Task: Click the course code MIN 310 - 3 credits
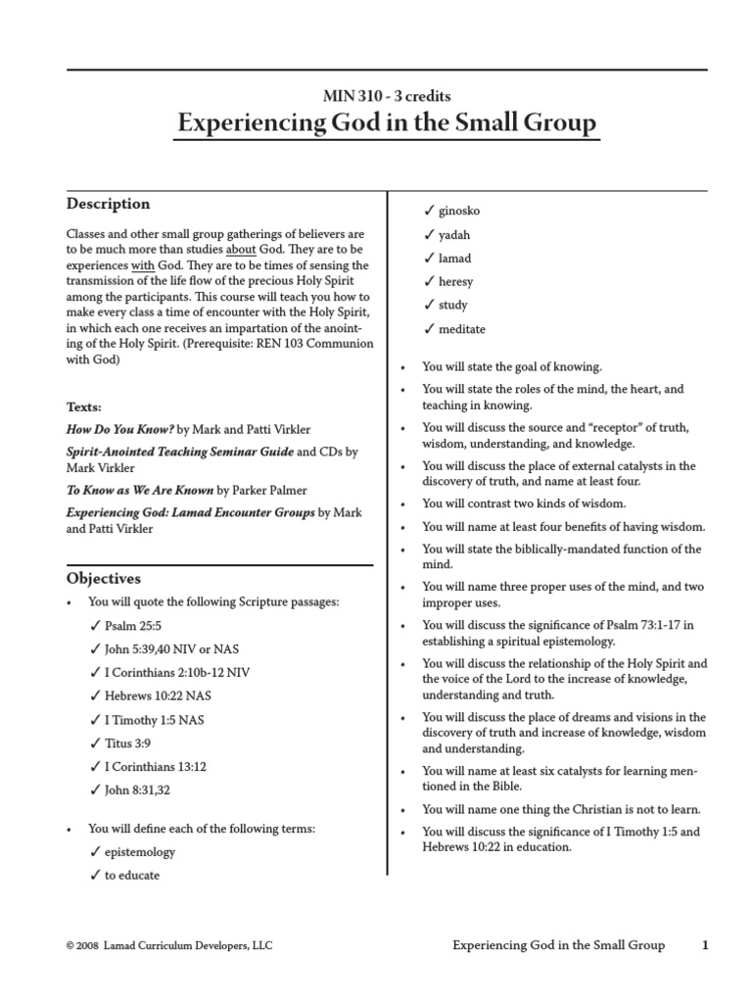point(387,96)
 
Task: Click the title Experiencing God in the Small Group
point(386,124)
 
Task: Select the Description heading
point(108,204)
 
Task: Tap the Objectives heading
point(103,579)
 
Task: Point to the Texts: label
point(84,406)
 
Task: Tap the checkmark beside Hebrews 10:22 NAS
point(95,695)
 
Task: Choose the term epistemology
point(140,852)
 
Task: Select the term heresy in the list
point(455,281)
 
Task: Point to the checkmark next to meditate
point(429,329)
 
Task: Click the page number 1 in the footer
point(704,945)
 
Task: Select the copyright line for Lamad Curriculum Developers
point(168,946)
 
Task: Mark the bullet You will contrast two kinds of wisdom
point(523,503)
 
